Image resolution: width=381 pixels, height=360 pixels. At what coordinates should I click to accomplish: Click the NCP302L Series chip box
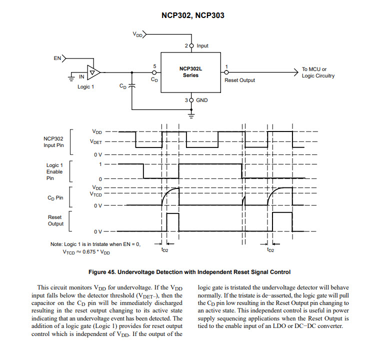[x=190, y=72]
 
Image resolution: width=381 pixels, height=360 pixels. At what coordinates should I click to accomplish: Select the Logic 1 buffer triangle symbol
[x=93, y=72]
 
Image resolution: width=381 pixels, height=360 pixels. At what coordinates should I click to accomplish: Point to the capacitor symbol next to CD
[x=131, y=86]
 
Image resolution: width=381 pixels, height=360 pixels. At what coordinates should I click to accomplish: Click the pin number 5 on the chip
[x=154, y=66]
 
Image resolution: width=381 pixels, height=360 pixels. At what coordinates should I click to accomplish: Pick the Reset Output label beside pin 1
[x=239, y=80]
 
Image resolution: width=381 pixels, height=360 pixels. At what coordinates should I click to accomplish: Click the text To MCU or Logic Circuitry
[x=318, y=72]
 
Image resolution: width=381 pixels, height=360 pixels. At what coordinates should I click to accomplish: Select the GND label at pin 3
[x=202, y=100]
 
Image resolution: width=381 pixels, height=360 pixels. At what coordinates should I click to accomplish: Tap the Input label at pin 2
[x=202, y=45]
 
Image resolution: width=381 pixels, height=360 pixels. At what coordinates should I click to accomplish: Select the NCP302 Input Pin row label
[x=53, y=142]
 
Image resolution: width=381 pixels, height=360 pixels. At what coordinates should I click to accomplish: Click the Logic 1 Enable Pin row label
[x=54, y=171]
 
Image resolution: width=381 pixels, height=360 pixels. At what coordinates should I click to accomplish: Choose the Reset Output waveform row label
[x=55, y=220]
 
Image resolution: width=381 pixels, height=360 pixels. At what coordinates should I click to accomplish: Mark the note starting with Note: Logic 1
[x=95, y=244]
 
